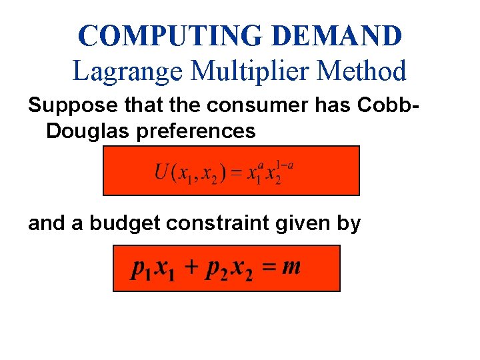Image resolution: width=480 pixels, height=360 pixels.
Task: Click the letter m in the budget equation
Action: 291,267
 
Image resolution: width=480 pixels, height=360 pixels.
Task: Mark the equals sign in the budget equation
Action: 268,268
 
